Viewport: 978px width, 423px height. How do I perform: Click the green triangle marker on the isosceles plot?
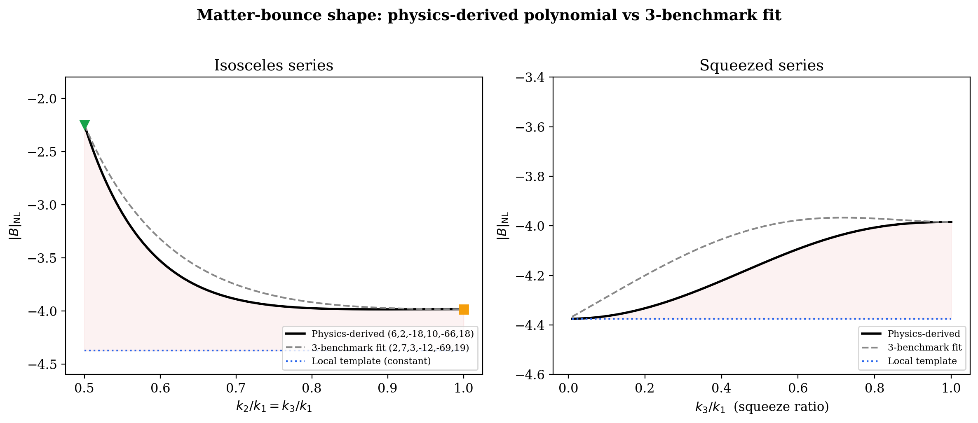click(84, 125)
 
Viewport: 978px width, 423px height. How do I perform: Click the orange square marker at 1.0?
click(464, 309)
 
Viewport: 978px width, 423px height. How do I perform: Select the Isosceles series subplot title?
click(273, 65)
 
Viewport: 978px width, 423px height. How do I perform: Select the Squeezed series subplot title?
click(761, 65)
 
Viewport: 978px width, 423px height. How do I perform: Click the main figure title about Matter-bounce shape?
click(489, 15)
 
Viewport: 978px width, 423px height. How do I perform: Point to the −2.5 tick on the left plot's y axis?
click(44, 152)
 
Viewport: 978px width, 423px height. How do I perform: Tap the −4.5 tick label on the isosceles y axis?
click(44, 365)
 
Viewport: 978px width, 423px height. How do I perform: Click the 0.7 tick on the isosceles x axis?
click(236, 388)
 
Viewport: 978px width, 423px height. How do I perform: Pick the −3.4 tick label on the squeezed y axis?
click(530, 77)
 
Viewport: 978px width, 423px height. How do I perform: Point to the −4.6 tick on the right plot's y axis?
click(530, 375)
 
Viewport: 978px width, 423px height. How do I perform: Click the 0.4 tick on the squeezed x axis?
click(721, 388)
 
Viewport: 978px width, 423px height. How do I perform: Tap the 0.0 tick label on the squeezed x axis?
click(568, 388)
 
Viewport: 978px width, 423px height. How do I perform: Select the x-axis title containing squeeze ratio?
click(762, 407)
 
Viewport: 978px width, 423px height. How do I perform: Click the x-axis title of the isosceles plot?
click(274, 407)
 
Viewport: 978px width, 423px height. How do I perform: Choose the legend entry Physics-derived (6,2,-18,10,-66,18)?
click(392, 334)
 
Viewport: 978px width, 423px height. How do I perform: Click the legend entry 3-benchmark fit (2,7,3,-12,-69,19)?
click(390, 348)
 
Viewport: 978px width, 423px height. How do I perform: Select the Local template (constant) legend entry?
click(371, 361)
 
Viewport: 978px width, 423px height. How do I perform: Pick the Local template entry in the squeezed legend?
click(922, 361)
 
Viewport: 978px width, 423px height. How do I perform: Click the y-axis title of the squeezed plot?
click(503, 226)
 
